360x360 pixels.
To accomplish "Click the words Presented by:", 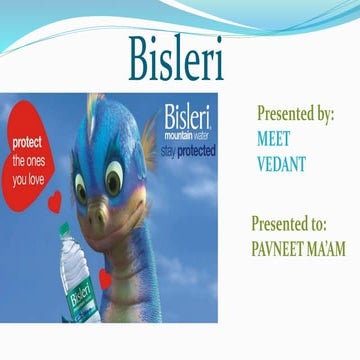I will [295, 114].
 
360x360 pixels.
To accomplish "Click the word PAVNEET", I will [277, 244].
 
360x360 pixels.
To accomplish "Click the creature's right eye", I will [115, 179].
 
